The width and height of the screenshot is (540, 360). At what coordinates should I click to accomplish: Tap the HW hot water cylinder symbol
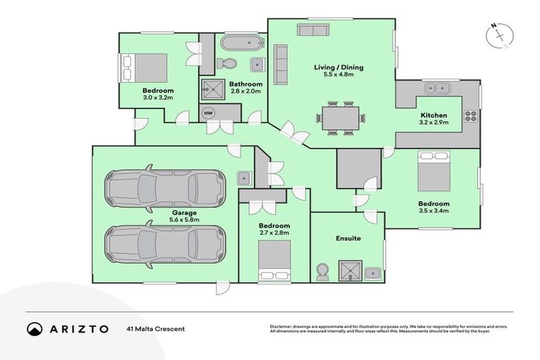coord(209,112)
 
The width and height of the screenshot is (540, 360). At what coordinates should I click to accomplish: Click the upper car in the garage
coord(165,187)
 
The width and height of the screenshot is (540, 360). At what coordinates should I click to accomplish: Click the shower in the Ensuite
coord(350,270)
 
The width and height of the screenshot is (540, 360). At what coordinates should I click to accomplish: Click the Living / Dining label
coord(338,67)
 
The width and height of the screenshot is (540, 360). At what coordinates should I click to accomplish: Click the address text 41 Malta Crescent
coord(155,328)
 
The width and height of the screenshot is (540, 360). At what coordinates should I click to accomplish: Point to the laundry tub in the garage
coord(243,177)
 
